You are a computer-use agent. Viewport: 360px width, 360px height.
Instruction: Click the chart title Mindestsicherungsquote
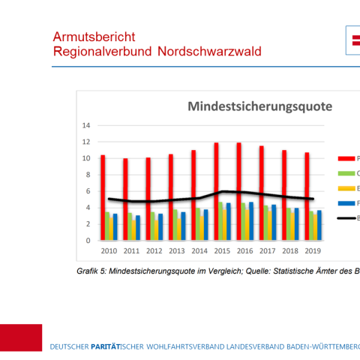[259, 106]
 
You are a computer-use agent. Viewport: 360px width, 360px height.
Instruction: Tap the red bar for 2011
[126, 199]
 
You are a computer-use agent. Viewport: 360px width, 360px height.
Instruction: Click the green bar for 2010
[107, 226]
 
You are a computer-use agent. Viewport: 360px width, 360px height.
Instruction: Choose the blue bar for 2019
[319, 225]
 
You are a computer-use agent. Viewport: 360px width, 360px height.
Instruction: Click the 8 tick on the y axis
[87, 175]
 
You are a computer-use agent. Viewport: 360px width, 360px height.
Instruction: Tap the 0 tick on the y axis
[87, 241]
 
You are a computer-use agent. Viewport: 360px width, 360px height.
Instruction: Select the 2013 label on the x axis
[176, 252]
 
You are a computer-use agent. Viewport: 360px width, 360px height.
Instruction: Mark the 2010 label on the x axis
[109, 252]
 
